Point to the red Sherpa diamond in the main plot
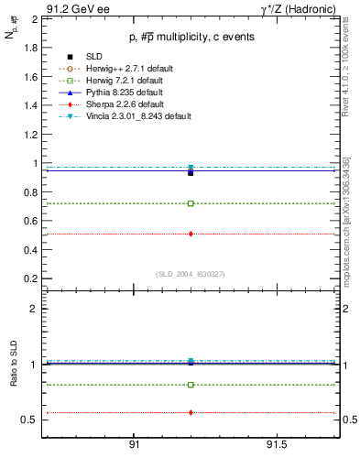click(x=191, y=234)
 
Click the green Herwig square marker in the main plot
click(x=191, y=203)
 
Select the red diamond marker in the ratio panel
click(x=191, y=412)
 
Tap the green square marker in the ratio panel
click(x=191, y=385)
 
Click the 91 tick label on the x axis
click(x=134, y=445)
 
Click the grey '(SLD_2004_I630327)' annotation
click(x=190, y=274)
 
